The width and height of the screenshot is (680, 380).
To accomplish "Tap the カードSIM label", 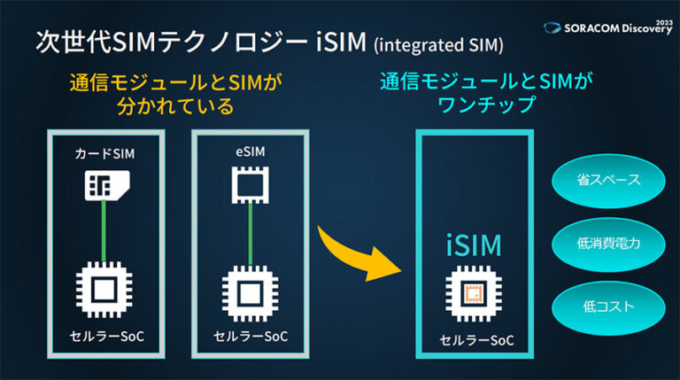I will [104, 152].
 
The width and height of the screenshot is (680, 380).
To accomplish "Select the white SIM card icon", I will [104, 184].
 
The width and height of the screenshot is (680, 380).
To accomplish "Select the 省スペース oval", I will [609, 180].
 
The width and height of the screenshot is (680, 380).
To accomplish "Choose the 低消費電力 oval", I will [609, 242].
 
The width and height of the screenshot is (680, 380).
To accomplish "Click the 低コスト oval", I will [609, 305].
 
